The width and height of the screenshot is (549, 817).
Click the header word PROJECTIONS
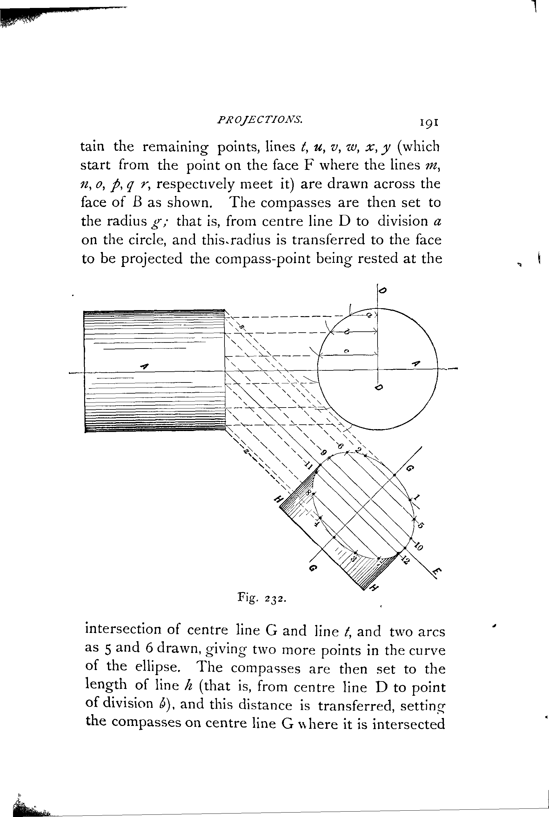(x=259, y=120)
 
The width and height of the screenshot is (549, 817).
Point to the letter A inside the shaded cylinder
(x=144, y=366)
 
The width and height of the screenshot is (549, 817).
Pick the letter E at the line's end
(x=436, y=572)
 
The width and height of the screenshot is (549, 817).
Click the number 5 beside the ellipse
(x=420, y=525)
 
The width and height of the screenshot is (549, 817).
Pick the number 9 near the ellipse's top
(x=324, y=453)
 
